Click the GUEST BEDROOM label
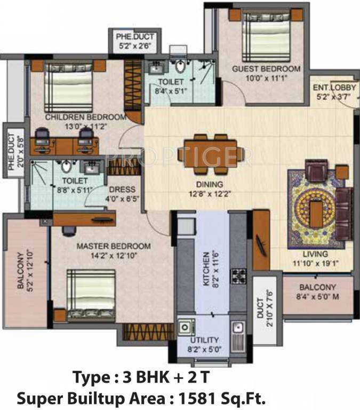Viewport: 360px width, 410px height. (x=266, y=69)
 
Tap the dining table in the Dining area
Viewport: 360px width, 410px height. (x=210, y=153)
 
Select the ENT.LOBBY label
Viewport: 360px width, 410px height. (x=334, y=88)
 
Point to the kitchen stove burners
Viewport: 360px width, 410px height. (x=238, y=276)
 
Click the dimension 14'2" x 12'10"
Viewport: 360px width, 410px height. (x=114, y=256)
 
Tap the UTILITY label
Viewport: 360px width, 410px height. (x=204, y=340)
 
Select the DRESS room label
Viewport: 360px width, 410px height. (x=122, y=190)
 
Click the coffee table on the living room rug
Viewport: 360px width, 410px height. (x=317, y=214)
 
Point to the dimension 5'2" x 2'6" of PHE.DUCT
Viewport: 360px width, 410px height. (x=135, y=46)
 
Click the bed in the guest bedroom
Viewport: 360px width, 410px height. (x=266, y=37)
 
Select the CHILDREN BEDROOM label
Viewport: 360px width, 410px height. (x=86, y=117)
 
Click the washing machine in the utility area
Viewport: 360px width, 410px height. (x=187, y=327)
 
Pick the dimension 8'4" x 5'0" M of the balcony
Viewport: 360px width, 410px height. (x=317, y=296)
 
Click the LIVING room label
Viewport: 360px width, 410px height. (x=315, y=254)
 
